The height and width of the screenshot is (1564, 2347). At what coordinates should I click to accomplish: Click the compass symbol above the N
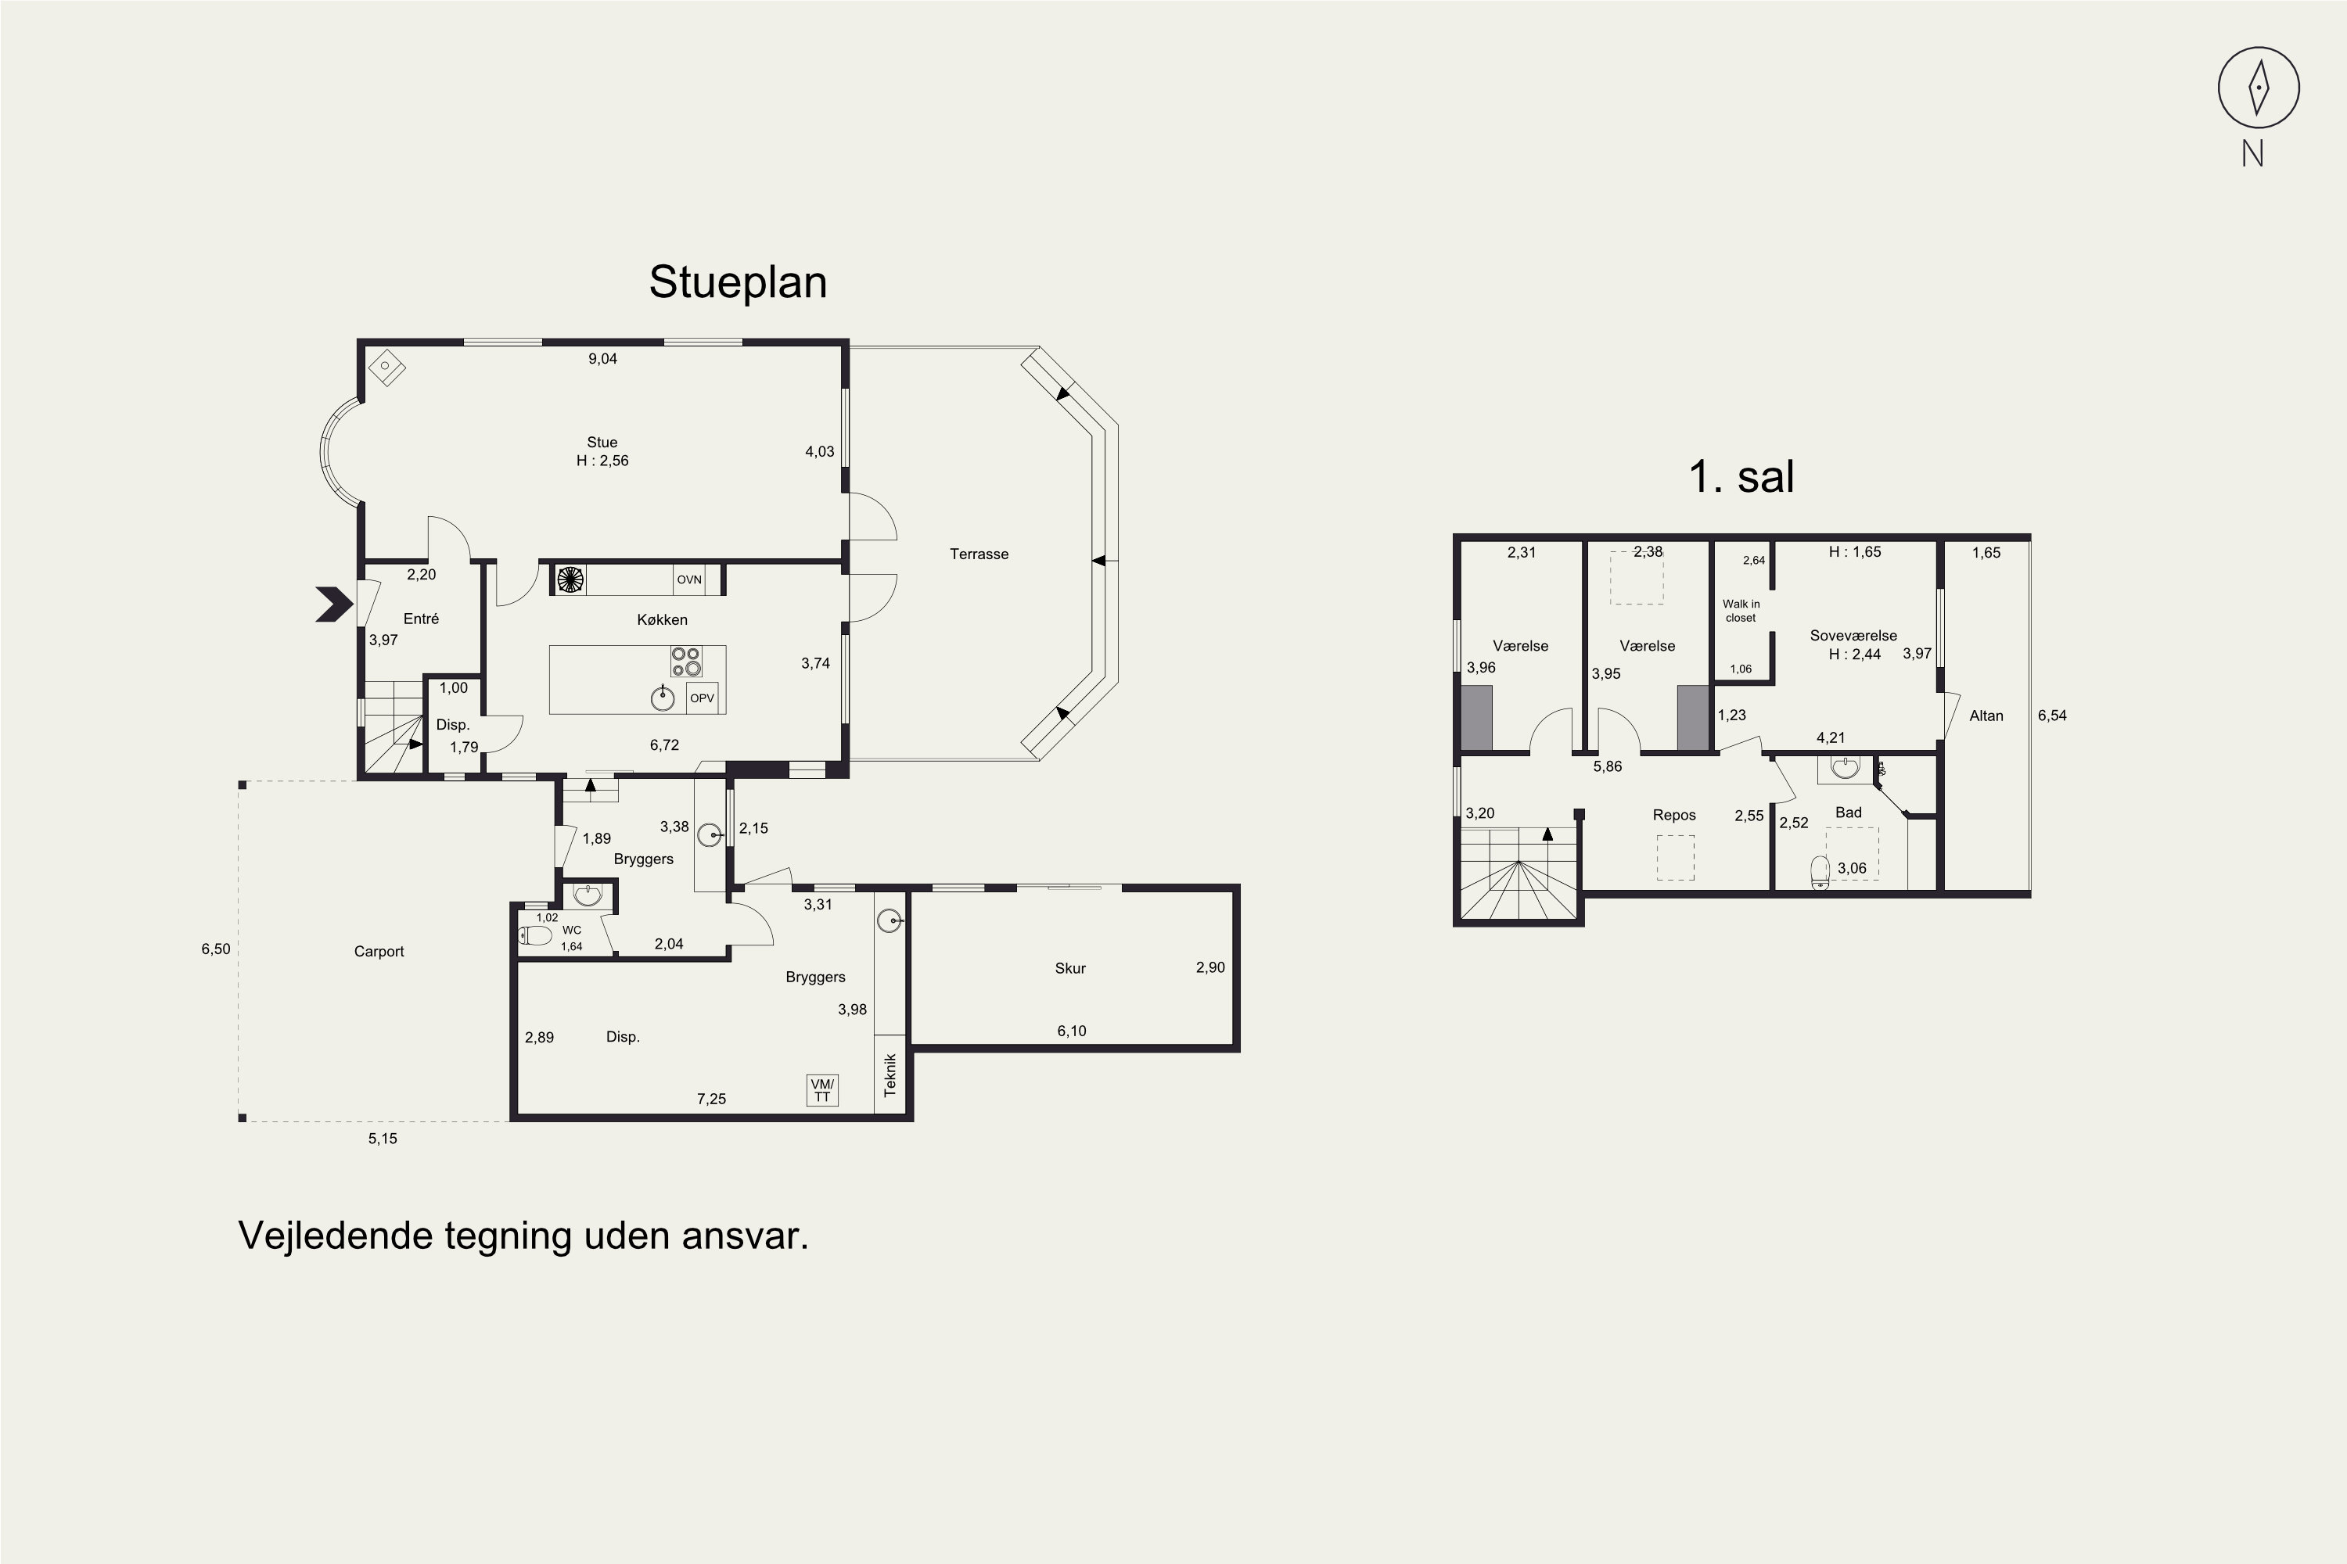point(2258,88)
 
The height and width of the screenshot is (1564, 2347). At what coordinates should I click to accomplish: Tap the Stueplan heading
point(738,282)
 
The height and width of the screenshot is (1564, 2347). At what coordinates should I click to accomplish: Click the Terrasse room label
point(979,554)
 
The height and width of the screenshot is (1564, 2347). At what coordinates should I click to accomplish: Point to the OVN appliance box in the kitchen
point(689,579)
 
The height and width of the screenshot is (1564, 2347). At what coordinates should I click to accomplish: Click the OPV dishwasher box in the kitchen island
point(703,698)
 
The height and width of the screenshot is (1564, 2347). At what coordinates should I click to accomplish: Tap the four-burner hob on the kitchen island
point(685,662)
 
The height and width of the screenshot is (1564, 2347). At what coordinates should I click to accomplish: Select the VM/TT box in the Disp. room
point(822,1090)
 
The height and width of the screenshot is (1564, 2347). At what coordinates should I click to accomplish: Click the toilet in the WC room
point(536,935)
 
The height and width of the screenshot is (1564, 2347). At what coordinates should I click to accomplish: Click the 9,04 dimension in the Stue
point(602,359)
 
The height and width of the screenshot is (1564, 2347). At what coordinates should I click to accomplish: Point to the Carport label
point(379,952)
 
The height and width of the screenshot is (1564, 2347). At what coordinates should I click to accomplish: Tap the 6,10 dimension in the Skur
point(1072,1031)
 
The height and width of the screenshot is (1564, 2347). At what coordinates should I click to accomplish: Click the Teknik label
point(891,1075)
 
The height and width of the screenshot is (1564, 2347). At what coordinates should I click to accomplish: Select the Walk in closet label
point(1741,611)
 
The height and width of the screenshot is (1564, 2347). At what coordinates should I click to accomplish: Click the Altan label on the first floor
point(1987,716)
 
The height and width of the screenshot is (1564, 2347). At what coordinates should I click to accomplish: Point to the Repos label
point(1674,816)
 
